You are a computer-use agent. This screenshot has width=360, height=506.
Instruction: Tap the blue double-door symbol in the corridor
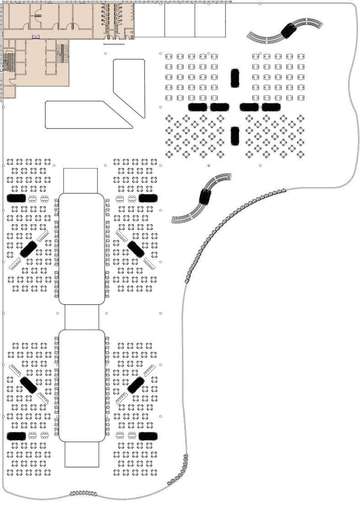click(x=36, y=37)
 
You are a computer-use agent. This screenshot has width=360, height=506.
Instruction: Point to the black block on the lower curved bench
click(x=205, y=197)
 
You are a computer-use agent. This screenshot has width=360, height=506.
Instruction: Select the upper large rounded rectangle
click(x=82, y=248)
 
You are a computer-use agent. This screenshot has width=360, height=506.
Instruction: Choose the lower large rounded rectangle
click(x=82, y=386)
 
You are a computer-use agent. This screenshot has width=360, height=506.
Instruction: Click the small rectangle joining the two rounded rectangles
click(x=82, y=317)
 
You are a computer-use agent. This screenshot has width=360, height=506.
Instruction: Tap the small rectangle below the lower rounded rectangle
click(x=82, y=454)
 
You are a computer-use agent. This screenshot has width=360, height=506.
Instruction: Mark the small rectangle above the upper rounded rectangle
click(x=81, y=180)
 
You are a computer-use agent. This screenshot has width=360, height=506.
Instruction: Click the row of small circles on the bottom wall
click(x=83, y=493)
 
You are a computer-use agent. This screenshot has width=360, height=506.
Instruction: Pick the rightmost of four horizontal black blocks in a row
click(x=271, y=107)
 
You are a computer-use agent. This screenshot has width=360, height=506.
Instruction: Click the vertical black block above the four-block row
click(x=235, y=78)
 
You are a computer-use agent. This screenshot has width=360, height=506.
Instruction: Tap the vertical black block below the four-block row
click(x=235, y=136)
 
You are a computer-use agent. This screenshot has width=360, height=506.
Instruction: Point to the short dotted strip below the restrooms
click(x=114, y=45)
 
